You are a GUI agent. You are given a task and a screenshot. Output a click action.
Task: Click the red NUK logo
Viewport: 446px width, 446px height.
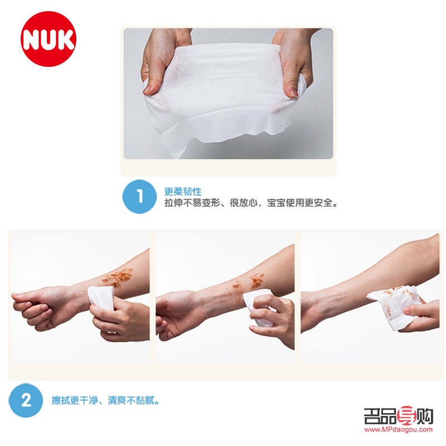click(49, 39)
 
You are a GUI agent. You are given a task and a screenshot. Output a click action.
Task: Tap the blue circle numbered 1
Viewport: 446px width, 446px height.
click(139, 196)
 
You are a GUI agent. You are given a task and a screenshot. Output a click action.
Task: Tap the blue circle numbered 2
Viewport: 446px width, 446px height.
click(25, 400)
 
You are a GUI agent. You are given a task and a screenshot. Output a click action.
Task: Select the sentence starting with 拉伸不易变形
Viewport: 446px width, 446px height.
click(251, 203)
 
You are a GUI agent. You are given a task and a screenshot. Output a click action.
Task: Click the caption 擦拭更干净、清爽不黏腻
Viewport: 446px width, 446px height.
click(106, 400)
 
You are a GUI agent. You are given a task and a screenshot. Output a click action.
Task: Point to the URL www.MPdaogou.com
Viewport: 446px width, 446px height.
click(398, 429)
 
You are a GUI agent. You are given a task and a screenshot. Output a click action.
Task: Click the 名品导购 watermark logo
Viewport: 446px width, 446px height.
click(398, 416)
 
